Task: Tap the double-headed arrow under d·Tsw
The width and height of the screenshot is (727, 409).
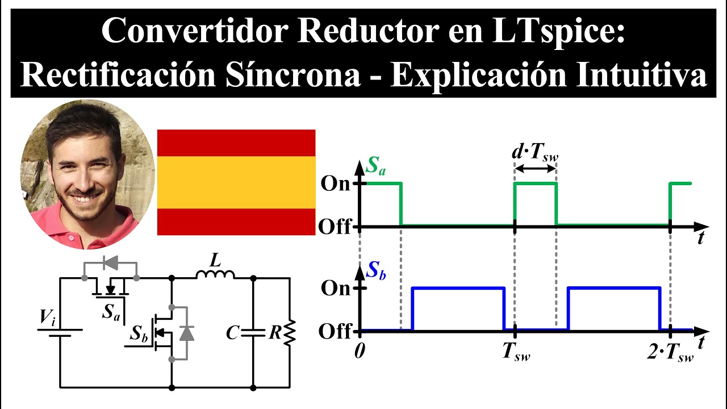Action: click(535, 169)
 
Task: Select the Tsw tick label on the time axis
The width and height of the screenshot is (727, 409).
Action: click(516, 352)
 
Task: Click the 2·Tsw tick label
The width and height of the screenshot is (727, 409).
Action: click(671, 352)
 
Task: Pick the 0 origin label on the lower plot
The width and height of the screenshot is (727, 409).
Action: click(359, 350)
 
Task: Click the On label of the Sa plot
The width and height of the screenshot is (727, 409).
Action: click(336, 183)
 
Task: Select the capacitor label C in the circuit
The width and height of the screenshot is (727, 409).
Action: click(232, 333)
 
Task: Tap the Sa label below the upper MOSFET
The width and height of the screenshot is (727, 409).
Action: click(111, 311)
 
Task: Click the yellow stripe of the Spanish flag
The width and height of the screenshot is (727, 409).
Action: click(236, 182)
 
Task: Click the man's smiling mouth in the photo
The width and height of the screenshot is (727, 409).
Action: click(85, 199)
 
